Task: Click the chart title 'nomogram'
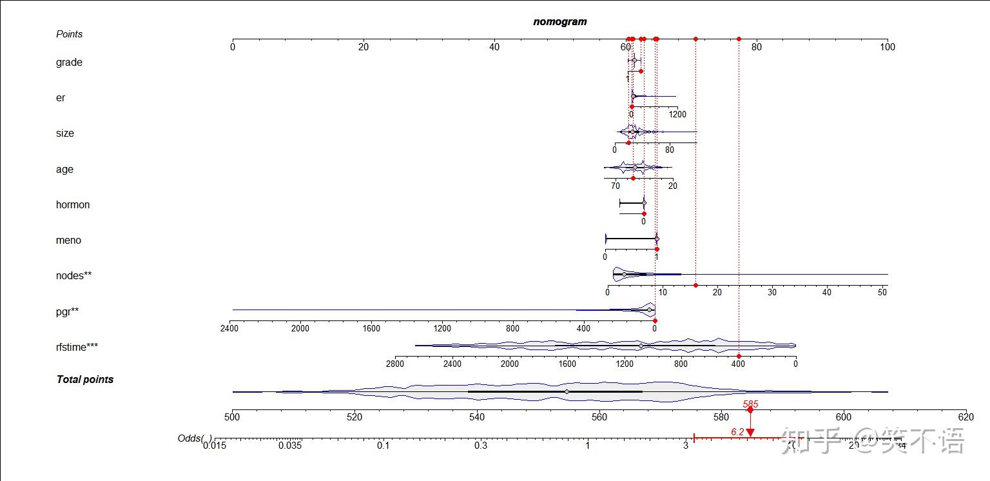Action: (x=559, y=21)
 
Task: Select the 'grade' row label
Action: (x=69, y=63)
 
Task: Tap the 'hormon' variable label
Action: (x=73, y=205)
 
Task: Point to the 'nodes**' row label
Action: (x=73, y=276)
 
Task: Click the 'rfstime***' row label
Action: (x=77, y=348)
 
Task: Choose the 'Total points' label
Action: (x=85, y=380)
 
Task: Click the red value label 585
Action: (x=750, y=404)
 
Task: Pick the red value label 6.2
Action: (x=737, y=431)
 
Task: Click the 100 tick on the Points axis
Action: (x=888, y=46)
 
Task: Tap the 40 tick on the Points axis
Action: (x=494, y=46)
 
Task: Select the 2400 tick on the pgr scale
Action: (x=229, y=328)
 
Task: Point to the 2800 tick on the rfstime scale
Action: (x=395, y=364)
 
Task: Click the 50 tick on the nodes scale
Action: (x=882, y=292)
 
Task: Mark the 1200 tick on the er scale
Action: (x=677, y=115)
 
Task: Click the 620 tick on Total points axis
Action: (x=966, y=417)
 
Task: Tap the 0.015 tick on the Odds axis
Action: (x=215, y=445)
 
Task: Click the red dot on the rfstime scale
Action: (x=739, y=356)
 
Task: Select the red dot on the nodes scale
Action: (x=695, y=285)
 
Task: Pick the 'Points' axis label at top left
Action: (x=69, y=34)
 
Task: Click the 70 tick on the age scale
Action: (x=616, y=186)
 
